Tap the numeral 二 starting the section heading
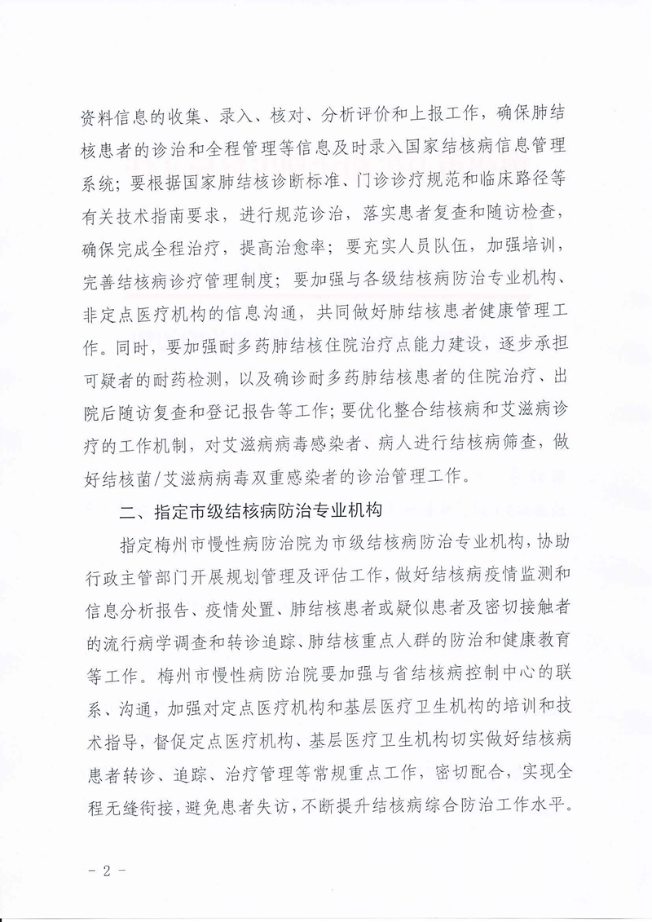[x=128, y=514]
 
